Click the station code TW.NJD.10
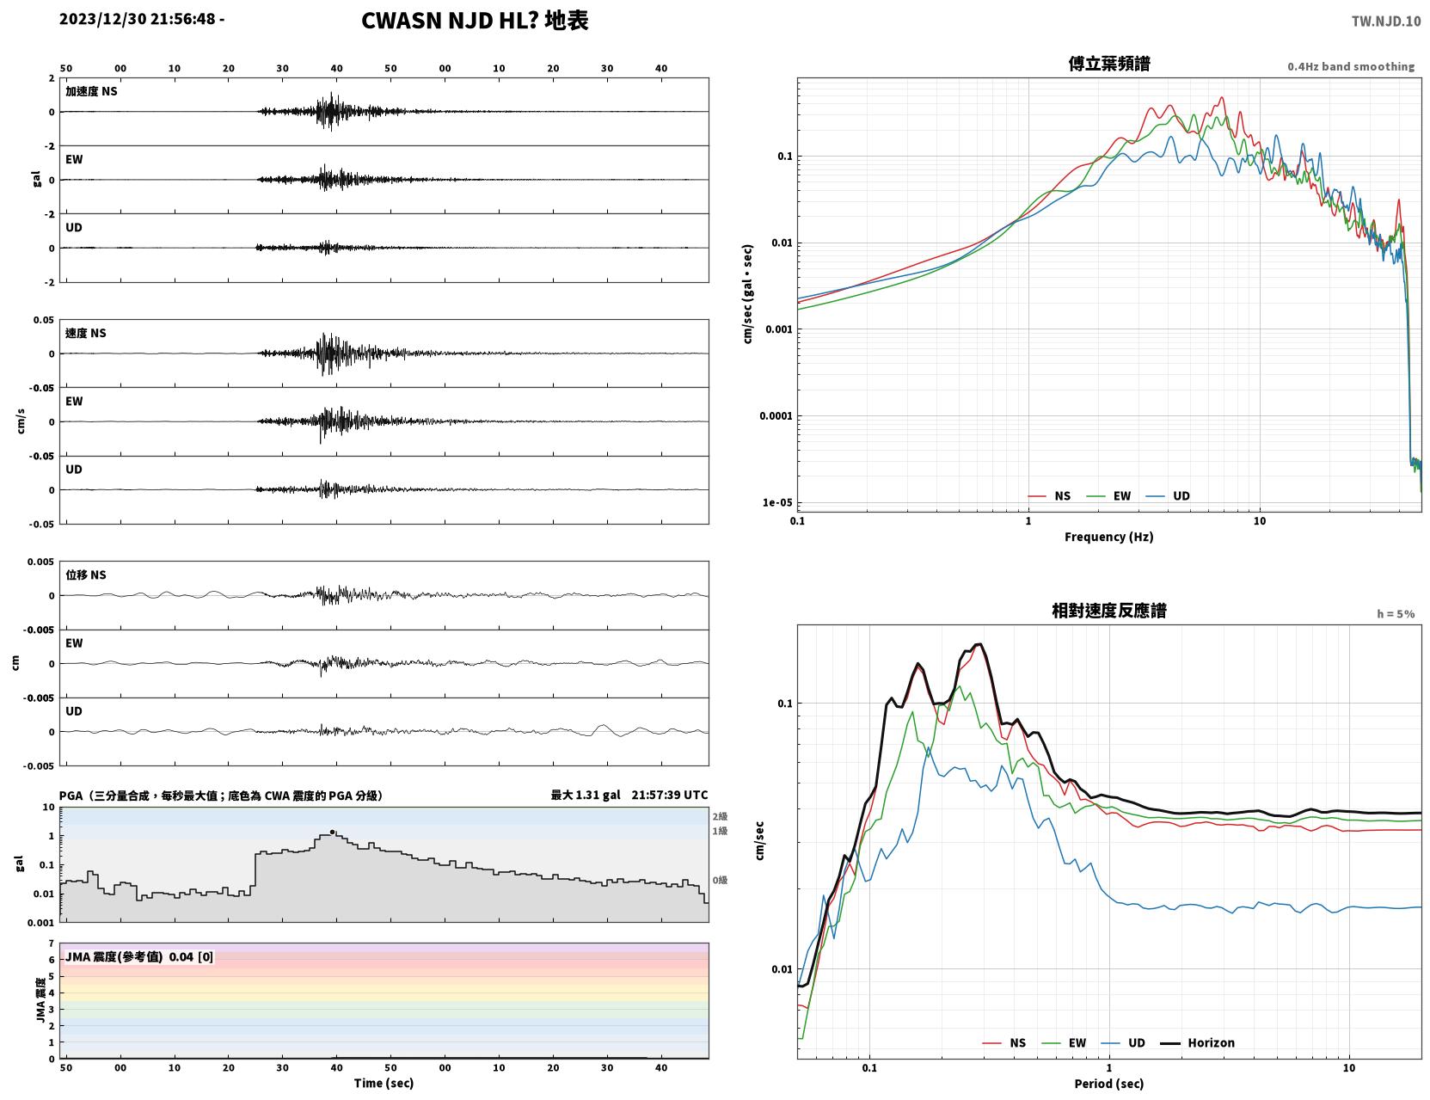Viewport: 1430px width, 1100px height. [x=1386, y=21]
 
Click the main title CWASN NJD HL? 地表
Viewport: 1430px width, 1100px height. [x=475, y=21]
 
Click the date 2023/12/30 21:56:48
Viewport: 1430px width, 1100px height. [x=138, y=18]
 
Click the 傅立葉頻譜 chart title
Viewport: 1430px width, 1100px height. [x=1109, y=64]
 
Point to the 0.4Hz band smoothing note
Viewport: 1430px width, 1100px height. [x=1350, y=66]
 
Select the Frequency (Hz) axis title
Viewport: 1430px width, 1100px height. [x=1109, y=537]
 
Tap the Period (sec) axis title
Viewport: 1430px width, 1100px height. [x=1109, y=1084]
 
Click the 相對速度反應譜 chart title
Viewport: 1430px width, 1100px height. [x=1109, y=611]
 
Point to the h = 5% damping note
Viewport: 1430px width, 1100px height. [x=1395, y=614]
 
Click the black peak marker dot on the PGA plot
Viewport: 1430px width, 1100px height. [x=332, y=833]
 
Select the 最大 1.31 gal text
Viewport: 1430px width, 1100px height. [x=585, y=795]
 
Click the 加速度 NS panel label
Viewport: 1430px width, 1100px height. [x=91, y=91]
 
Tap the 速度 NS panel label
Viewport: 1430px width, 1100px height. [x=85, y=333]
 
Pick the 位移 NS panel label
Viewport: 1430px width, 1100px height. [x=85, y=575]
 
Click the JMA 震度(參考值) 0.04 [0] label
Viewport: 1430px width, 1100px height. [x=138, y=956]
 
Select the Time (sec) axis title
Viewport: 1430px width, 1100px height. [x=384, y=1083]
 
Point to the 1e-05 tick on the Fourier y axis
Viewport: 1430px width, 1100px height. [x=777, y=502]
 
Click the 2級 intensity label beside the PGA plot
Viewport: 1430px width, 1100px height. [x=720, y=816]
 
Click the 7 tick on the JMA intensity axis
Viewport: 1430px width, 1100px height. [x=52, y=943]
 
